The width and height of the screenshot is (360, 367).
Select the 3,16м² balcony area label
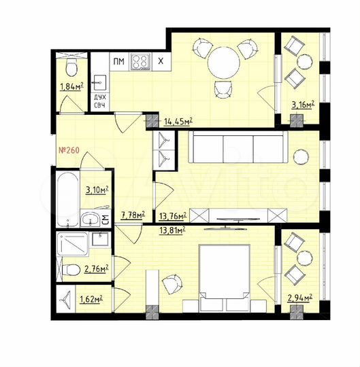pyautogui.click(x=302, y=105)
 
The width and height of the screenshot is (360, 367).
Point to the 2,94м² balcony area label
pyautogui.click(x=300, y=298)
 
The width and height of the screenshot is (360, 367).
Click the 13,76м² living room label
pyautogui.click(x=173, y=216)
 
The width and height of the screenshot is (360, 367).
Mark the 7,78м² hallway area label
pyautogui.click(x=133, y=215)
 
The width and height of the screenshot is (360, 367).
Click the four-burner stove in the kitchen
pyautogui.click(x=140, y=62)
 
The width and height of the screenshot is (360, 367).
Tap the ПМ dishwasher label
pyautogui.click(x=118, y=62)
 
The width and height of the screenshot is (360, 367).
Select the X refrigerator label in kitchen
pyautogui.click(x=161, y=62)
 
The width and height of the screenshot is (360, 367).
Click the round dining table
pyautogui.click(x=224, y=64)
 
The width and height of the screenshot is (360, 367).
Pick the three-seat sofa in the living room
pyautogui.click(x=235, y=147)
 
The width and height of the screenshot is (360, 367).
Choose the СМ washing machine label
pyautogui.click(x=105, y=219)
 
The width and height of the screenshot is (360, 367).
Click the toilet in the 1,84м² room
pyautogui.click(x=70, y=67)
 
